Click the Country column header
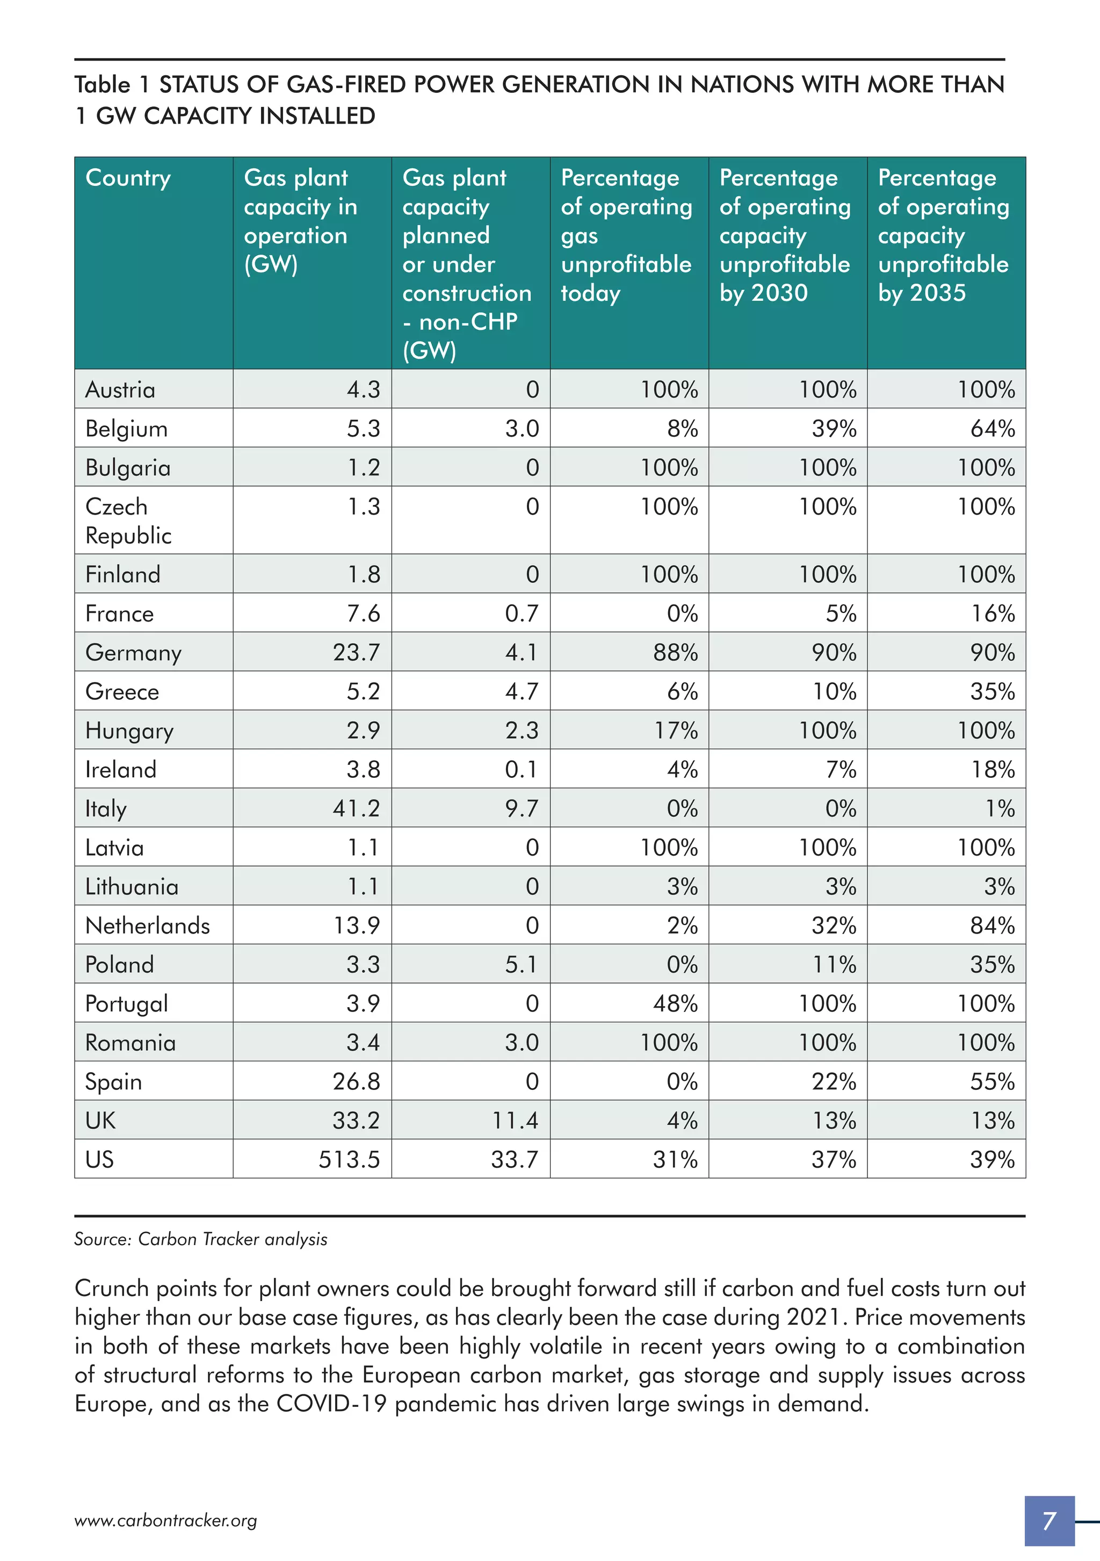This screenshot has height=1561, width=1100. tap(128, 178)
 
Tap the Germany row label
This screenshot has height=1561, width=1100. tap(133, 653)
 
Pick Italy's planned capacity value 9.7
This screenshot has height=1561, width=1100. tap(522, 808)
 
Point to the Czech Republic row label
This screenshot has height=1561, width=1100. tap(128, 521)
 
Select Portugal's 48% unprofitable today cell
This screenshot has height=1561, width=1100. tap(675, 1003)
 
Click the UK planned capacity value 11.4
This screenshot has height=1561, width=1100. tap(515, 1121)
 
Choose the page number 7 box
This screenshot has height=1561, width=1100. tap(1049, 1520)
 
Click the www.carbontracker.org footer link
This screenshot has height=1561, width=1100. tap(165, 1520)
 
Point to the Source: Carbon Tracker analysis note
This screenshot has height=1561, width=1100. tap(200, 1239)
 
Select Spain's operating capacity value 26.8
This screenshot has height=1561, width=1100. tap(356, 1082)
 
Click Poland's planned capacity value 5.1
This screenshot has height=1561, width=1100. tap(522, 964)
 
